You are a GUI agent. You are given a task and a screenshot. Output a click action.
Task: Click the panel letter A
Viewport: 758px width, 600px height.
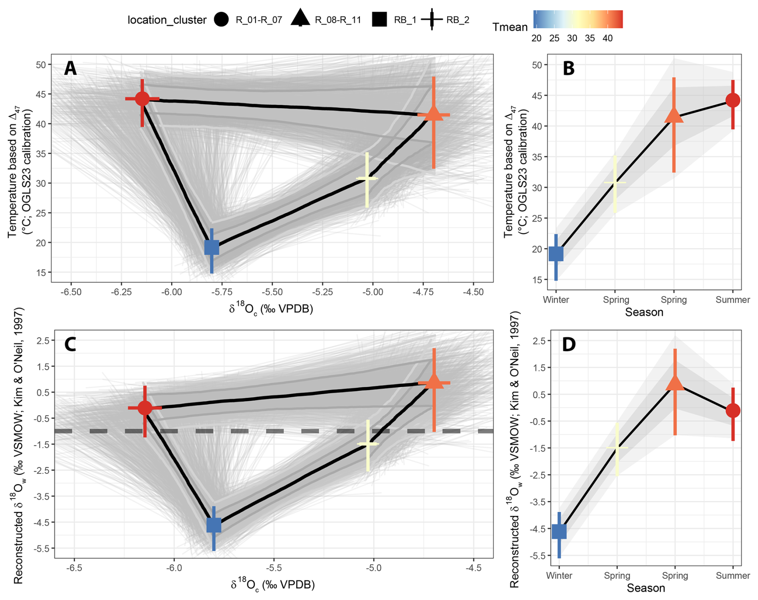71,69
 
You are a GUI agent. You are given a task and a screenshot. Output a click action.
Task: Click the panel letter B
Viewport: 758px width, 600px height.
568,69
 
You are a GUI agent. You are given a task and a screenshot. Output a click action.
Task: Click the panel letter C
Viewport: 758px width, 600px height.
71,344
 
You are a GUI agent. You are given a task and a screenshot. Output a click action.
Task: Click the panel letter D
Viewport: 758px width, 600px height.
569,344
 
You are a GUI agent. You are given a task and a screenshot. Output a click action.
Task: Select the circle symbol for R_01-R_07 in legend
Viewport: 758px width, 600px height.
221,20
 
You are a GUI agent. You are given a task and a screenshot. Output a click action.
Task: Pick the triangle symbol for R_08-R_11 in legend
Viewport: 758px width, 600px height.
300,19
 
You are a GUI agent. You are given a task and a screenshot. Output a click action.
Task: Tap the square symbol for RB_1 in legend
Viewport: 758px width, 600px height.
379,20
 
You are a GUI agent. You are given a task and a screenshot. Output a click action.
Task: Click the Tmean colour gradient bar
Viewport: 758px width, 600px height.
578,19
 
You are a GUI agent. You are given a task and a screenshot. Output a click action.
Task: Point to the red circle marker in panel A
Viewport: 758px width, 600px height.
142,99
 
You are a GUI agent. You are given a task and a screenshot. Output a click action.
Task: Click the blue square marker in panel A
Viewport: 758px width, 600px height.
212,247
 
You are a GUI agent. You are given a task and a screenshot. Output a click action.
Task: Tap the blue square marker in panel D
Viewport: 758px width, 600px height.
559,531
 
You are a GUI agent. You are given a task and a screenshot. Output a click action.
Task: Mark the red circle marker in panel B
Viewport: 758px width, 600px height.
733,100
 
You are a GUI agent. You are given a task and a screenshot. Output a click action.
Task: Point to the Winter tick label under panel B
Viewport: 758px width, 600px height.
556,300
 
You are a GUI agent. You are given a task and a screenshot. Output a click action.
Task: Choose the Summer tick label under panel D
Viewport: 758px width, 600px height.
733,576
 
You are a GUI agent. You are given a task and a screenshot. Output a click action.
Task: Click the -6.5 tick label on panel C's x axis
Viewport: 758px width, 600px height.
74,568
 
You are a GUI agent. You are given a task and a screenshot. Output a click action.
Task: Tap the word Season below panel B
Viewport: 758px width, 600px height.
644,312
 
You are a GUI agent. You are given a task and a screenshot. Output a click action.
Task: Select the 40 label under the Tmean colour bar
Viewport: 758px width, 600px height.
607,38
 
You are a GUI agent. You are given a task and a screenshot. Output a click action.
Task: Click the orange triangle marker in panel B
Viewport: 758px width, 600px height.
674,115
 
